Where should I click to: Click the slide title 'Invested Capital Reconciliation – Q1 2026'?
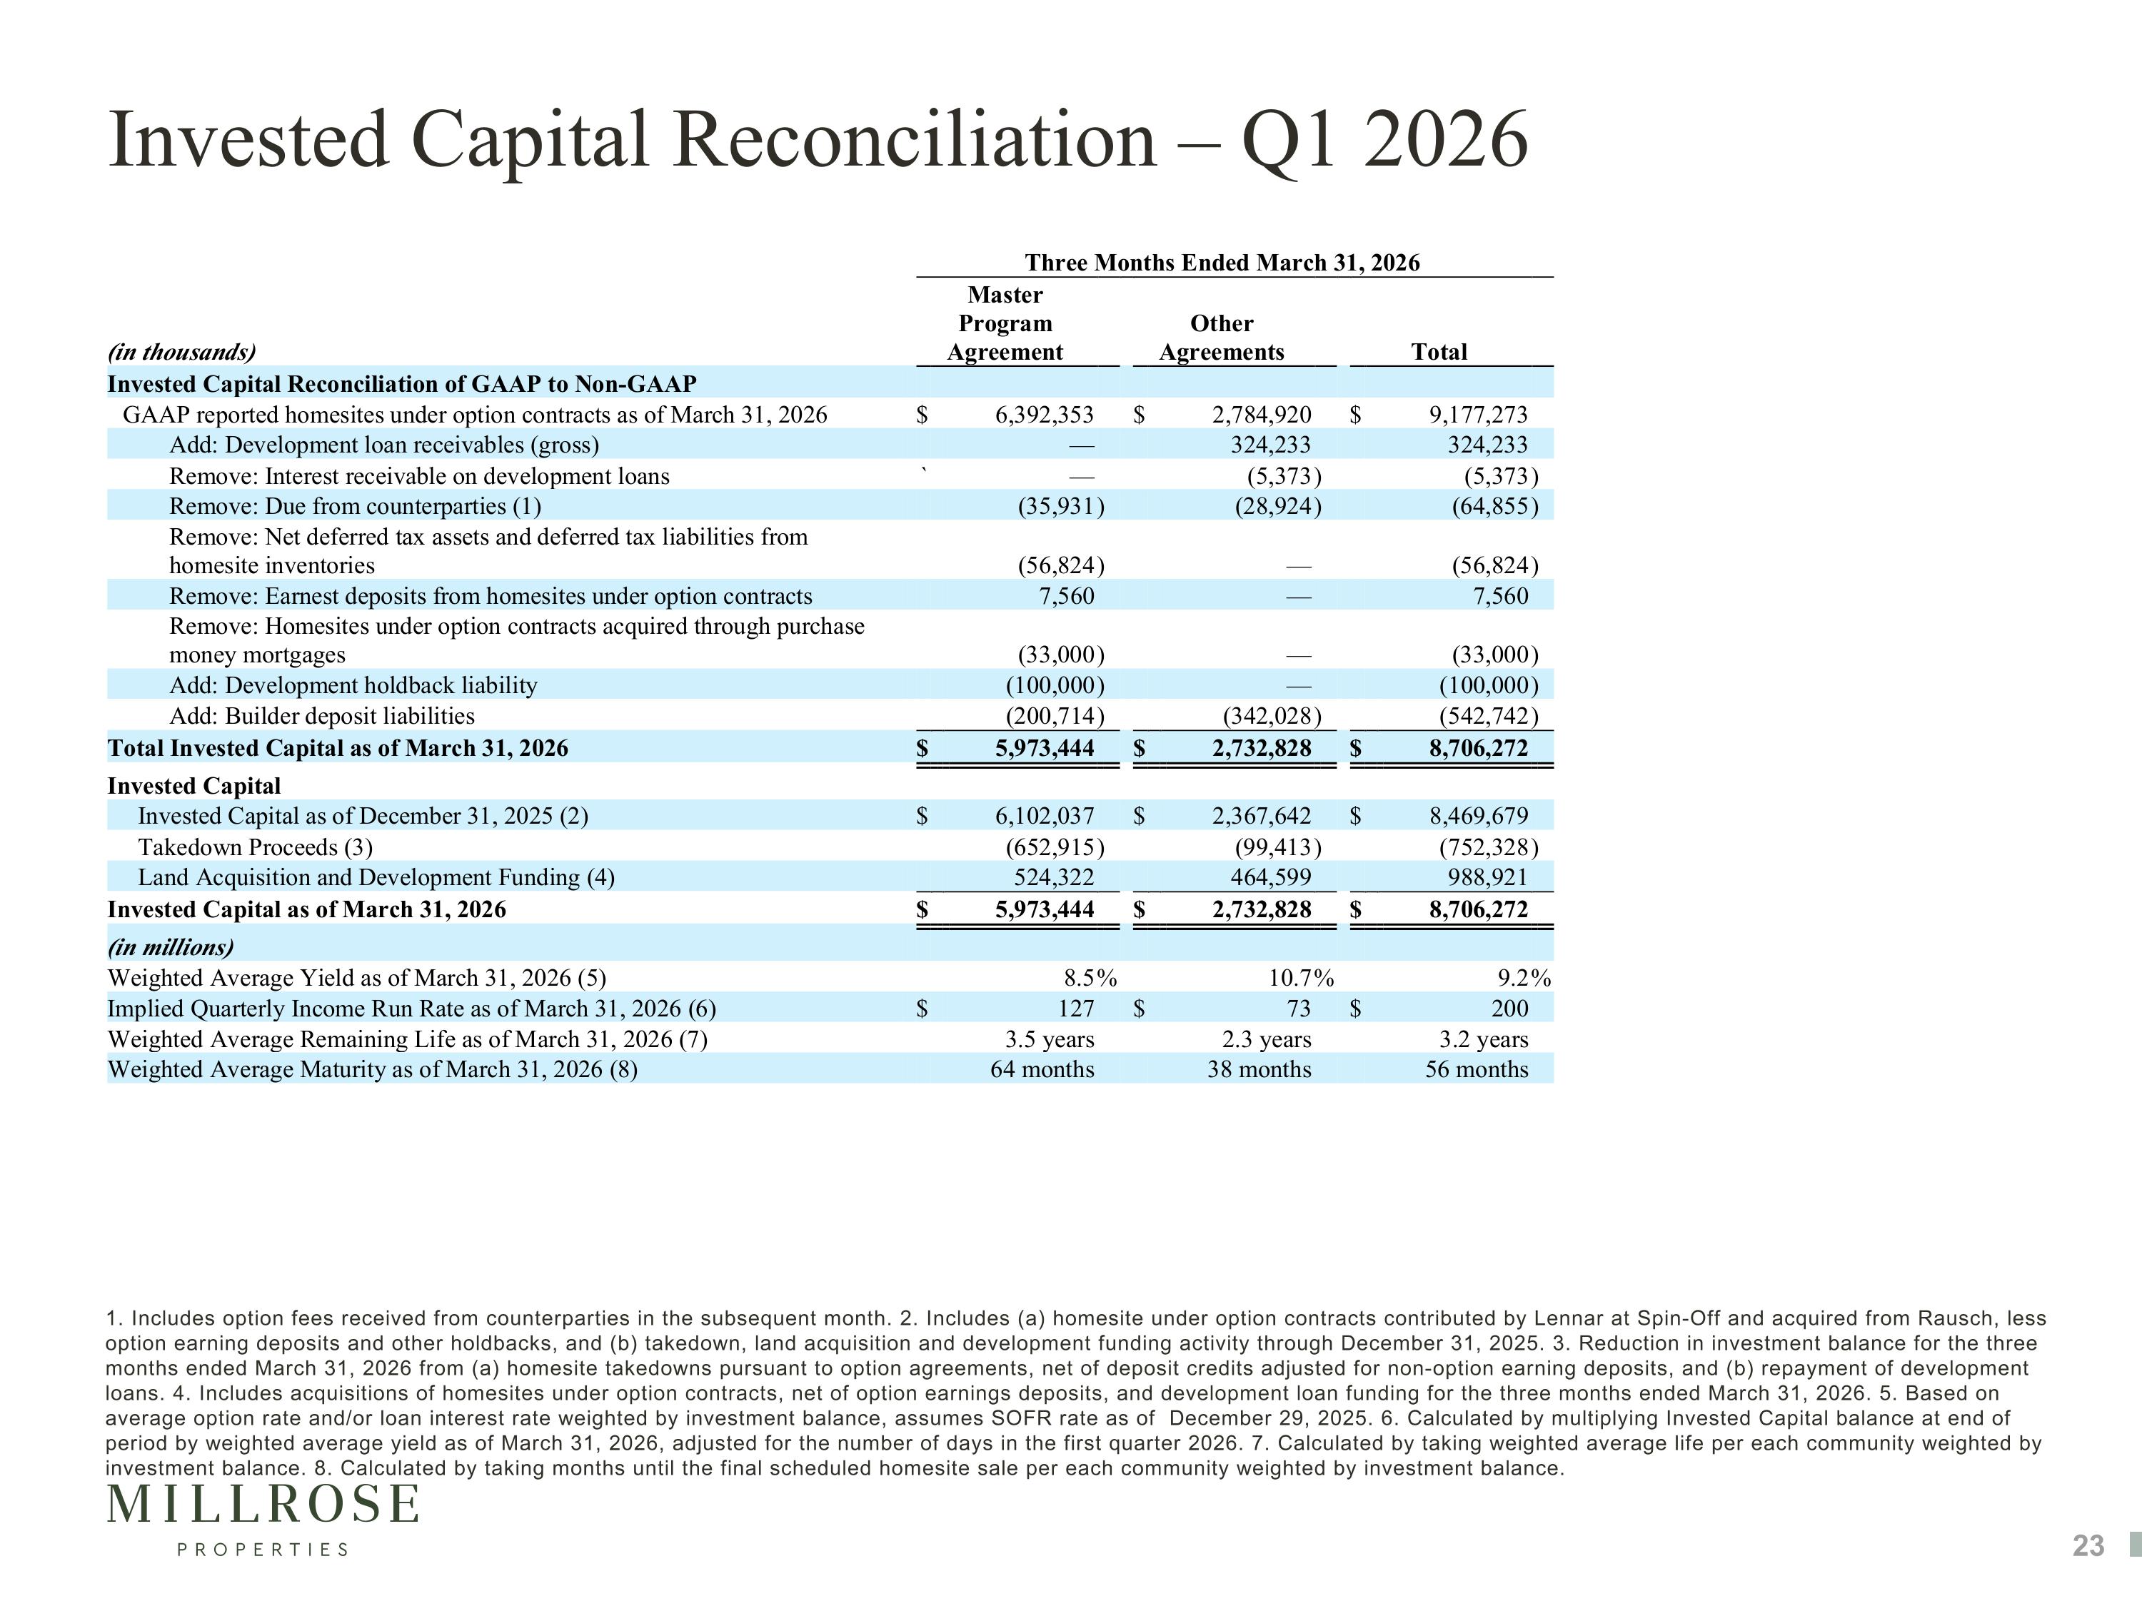coord(818,141)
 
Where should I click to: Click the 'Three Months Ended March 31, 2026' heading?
coord(1222,263)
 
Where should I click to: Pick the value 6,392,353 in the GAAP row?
coord(1044,415)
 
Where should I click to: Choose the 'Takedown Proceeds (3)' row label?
coord(256,847)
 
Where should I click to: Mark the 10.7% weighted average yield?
coord(1300,978)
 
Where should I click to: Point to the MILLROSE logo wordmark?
coord(263,1505)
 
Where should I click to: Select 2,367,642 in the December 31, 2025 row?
coord(1261,816)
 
